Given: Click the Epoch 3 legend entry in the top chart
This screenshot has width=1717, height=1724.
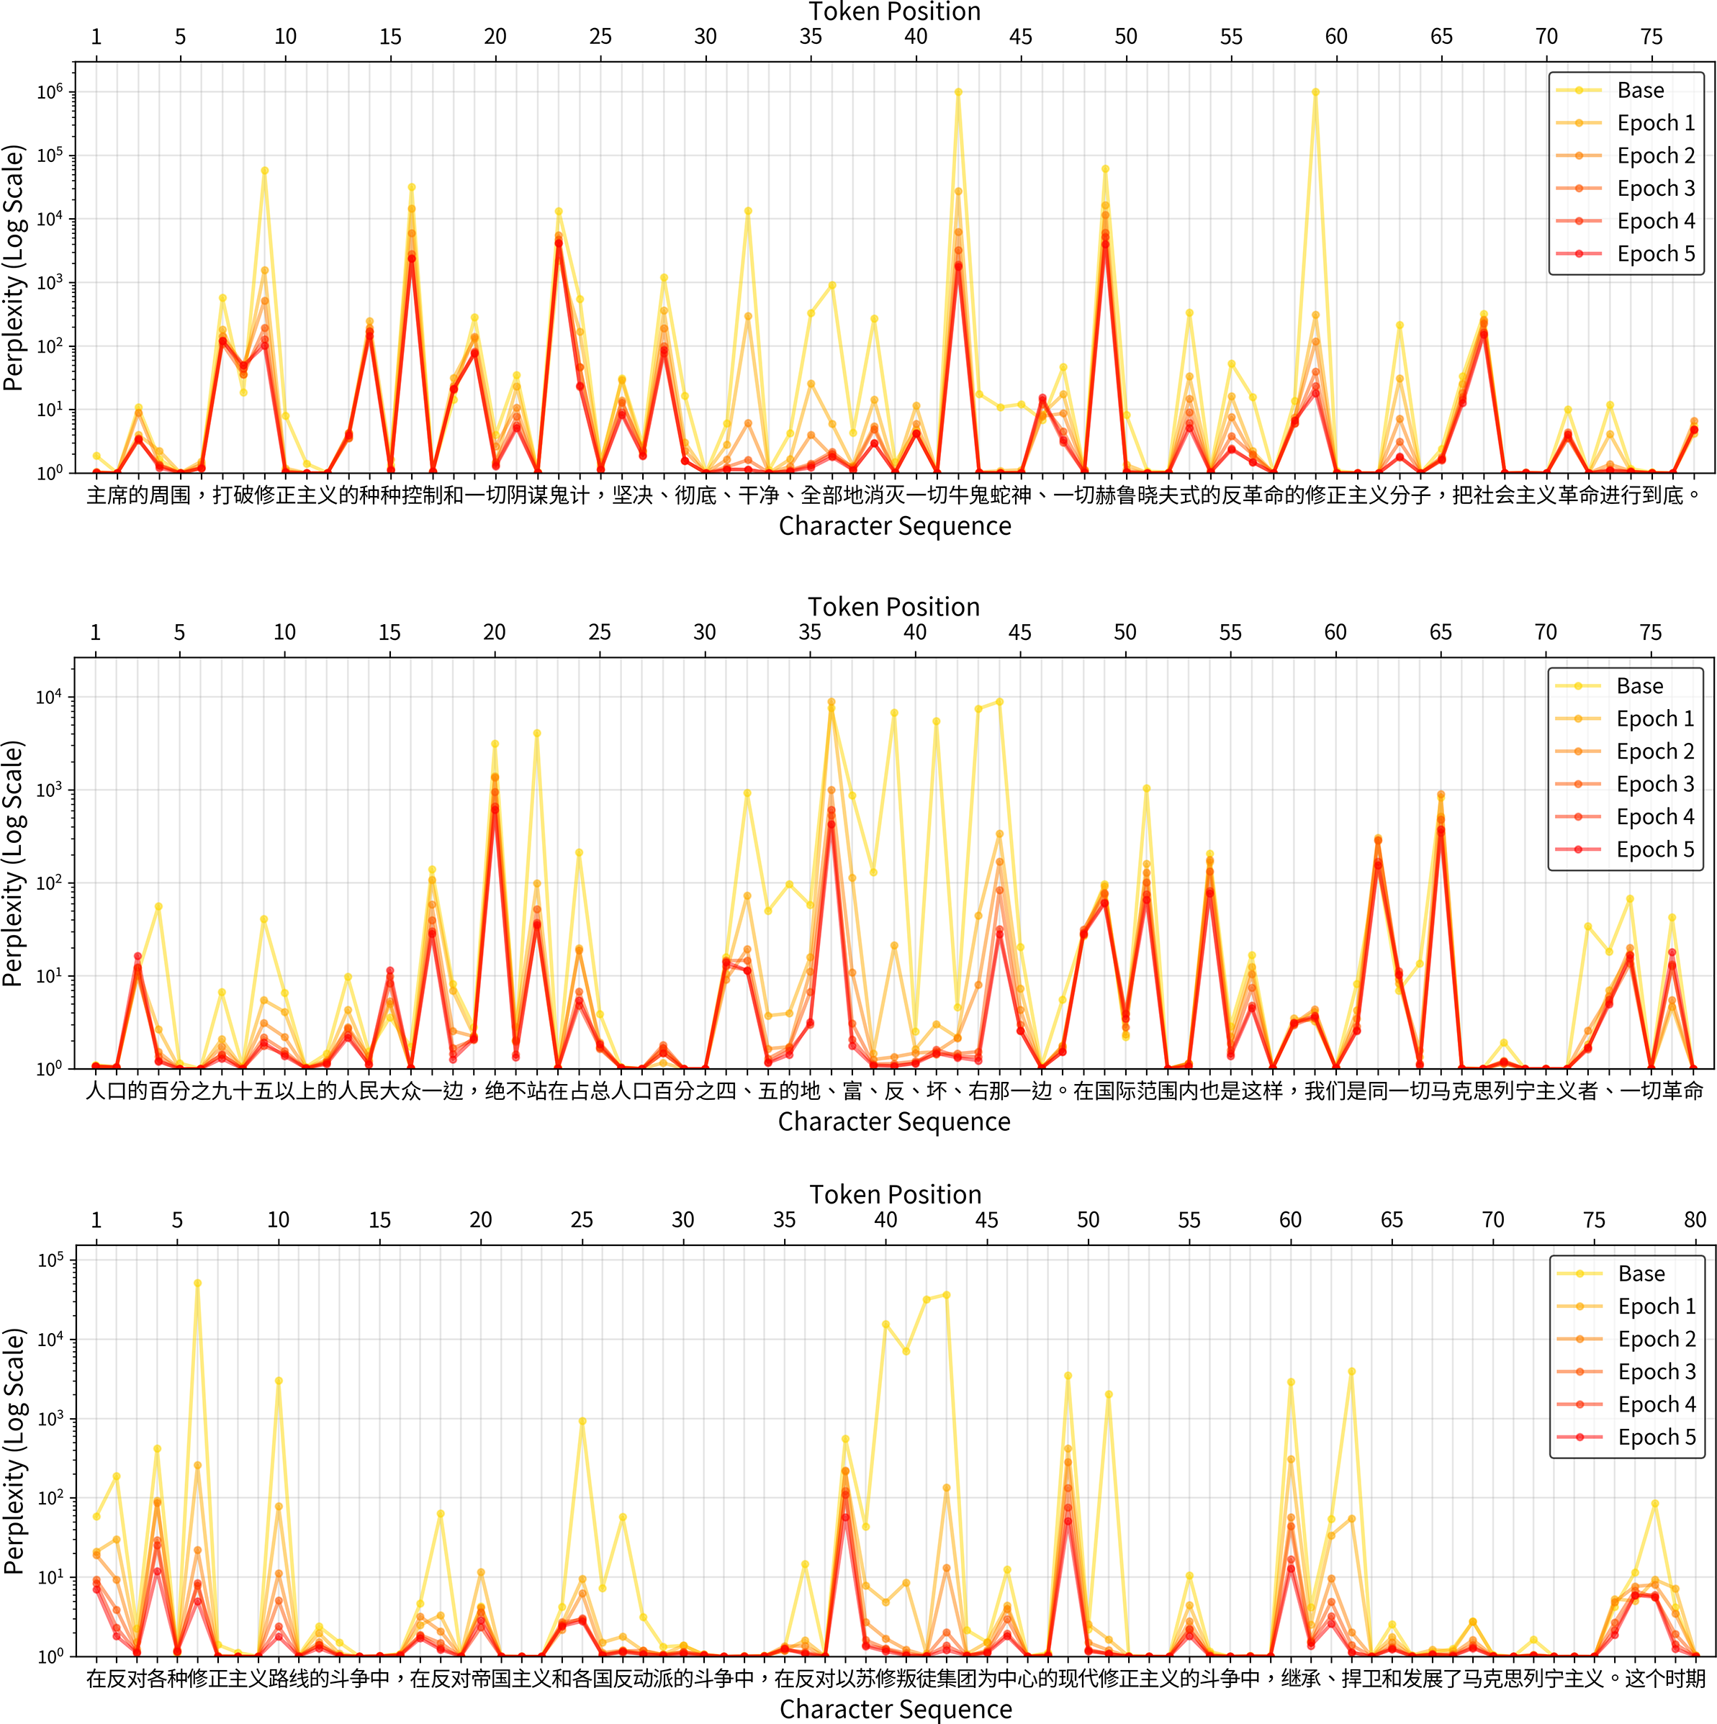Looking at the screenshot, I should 1655,189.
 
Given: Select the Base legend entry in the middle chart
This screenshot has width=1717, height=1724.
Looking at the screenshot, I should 1639,686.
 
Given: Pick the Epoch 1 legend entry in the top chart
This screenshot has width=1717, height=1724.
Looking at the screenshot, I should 1655,123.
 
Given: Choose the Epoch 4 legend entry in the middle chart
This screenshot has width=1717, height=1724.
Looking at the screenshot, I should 1654,816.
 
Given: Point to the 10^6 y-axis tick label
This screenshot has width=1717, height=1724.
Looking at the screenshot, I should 49,92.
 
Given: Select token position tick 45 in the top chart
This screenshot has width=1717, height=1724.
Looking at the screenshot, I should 1021,37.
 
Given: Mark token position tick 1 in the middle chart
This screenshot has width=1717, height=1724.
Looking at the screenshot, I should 96,632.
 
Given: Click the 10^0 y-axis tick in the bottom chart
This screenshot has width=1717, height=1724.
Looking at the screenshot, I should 50,1656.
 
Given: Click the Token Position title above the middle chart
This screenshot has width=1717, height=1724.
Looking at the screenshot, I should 893,607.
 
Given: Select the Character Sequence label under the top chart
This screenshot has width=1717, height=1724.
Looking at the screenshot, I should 894,525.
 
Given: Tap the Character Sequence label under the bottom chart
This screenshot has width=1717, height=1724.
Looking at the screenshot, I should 895,1709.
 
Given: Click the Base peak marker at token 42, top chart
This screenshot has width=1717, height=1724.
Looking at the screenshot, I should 958,92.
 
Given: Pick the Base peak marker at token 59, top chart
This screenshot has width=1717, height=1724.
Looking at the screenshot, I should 1315,92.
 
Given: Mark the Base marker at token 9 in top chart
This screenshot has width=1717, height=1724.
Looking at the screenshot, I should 265,171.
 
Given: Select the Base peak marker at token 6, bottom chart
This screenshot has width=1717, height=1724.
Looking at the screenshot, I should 197,1283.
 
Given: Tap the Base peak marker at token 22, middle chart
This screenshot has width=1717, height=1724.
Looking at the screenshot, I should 537,734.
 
